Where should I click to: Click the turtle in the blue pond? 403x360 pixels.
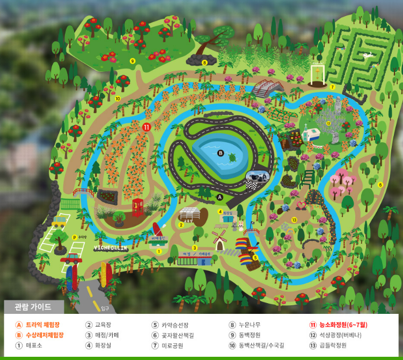click(232, 158)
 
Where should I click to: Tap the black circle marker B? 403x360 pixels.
click(220, 153)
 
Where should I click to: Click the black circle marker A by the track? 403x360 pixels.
click(219, 197)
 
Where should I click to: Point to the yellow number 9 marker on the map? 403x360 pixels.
click(132, 61)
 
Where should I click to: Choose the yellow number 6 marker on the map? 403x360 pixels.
click(380, 185)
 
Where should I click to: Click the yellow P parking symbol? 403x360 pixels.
click(74, 237)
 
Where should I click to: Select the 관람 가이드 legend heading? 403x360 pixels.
click(33, 307)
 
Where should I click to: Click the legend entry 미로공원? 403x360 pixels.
click(172, 346)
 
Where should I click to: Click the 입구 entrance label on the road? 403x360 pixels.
click(105, 308)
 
